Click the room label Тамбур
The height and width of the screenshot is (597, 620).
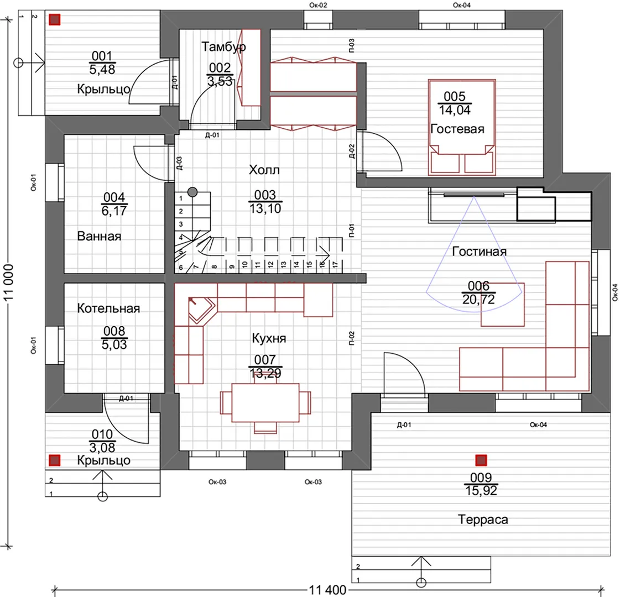click(224, 47)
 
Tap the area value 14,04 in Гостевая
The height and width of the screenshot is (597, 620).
click(455, 110)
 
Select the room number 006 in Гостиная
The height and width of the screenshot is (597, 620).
click(478, 285)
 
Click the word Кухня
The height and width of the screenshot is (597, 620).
click(269, 338)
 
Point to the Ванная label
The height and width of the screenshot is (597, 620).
click(99, 236)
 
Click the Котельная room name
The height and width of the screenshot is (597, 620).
click(108, 308)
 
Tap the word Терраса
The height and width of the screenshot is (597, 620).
click(483, 519)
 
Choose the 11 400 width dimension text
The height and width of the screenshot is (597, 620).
click(327, 590)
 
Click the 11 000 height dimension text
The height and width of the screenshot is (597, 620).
click(9, 282)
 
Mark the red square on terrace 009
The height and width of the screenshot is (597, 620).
click(481, 460)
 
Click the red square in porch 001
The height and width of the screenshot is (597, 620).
click(55, 19)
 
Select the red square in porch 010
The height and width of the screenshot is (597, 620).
click(55, 460)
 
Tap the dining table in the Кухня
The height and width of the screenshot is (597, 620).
click(265, 402)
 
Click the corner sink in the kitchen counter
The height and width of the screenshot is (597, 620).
click(200, 310)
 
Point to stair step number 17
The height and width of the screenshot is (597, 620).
click(335, 264)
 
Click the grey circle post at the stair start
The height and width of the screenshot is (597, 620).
click(192, 192)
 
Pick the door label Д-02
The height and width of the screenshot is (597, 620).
click(352, 151)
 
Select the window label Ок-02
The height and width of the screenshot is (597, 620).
click(318, 5)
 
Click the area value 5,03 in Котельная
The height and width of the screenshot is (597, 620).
click(114, 344)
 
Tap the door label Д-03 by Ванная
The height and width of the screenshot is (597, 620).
click(179, 163)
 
